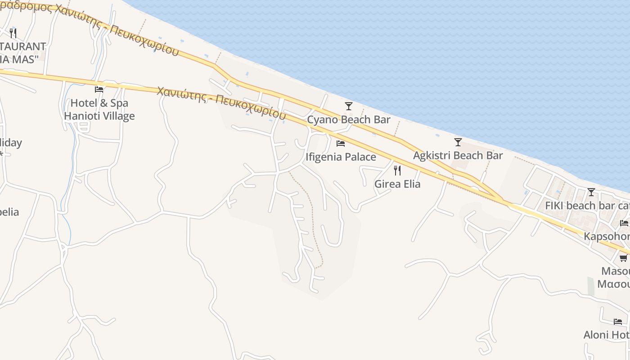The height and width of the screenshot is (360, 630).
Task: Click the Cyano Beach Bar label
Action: point(348,120)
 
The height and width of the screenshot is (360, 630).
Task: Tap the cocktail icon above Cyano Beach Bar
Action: point(348,106)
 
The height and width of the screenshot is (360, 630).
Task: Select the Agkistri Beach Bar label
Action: point(458,156)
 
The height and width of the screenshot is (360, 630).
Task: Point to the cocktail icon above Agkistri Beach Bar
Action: point(458,142)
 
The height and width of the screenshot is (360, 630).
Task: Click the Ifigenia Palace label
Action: point(341,157)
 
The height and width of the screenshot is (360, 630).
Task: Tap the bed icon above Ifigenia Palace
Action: point(341,144)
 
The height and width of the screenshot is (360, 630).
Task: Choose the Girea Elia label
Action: point(397,184)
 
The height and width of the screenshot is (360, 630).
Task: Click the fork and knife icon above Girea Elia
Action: point(397,170)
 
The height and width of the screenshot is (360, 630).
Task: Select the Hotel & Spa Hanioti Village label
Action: point(99,110)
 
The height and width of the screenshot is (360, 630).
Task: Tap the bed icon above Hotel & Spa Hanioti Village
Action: point(99,89)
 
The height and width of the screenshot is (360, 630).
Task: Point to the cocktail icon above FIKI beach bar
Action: point(591,192)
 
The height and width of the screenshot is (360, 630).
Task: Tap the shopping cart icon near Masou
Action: point(624,258)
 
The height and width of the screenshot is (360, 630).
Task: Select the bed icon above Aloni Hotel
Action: point(618,322)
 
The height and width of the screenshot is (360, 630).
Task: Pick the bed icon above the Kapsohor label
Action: point(624,223)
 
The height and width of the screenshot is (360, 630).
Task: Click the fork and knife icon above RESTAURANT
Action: point(13,33)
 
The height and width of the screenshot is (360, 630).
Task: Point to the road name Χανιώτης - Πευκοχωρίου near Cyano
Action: point(221,102)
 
